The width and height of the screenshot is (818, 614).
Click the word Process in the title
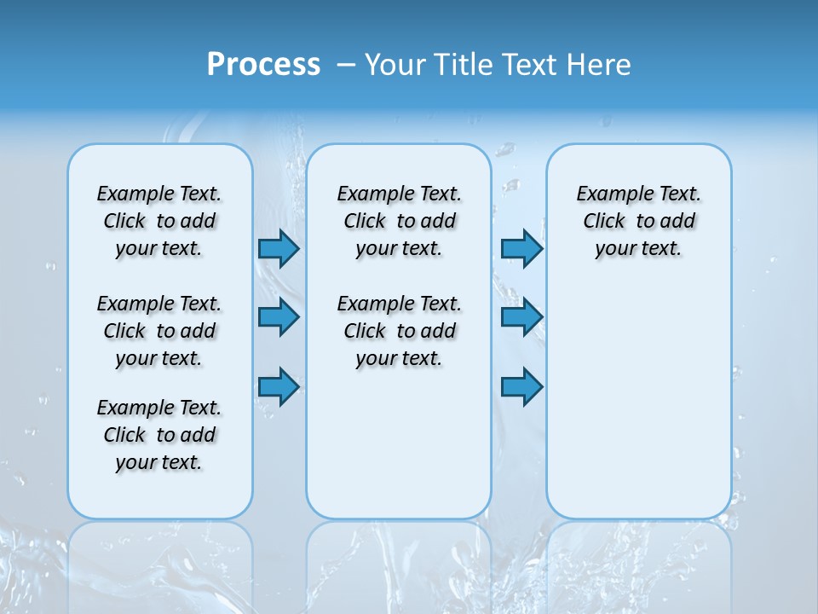pyautogui.click(x=263, y=64)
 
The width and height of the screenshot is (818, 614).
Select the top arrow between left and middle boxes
pyautogui.click(x=279, y=248)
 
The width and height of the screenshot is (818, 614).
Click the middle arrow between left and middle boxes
pyautogui.click(x=279, y=317)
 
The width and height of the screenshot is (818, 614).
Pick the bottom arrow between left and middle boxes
pyautogui.click(x=279, y=386)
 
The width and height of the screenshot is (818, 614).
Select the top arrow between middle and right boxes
pyautogui.click(x=521, y=248)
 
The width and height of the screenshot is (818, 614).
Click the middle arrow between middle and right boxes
pyautogui.click(x=521, y=317)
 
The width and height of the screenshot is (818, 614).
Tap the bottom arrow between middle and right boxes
pyautogui.click(x=521, y=386)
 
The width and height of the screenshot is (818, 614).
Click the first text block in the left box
pyautogui.click(x=159, y=221)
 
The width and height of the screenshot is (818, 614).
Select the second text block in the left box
pyautogui.click(x=159, y=331)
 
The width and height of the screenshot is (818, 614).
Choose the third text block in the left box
pyautogui.click(x=159, y=435)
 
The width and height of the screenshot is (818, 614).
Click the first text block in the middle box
pyautogui.click(x=400, y=221)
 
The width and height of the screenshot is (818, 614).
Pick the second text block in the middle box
pyautogui.click(x=400, y=331)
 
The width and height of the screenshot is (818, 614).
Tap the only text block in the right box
pyautogui.click(x=639, y=221)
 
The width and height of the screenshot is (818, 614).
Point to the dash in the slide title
pyautogui.click(x=346, y=64)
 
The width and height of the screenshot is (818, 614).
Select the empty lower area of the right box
pyautogui.click(x=639, y=401)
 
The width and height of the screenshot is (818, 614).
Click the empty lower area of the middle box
pyautogui.click(x=400, y=443)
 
